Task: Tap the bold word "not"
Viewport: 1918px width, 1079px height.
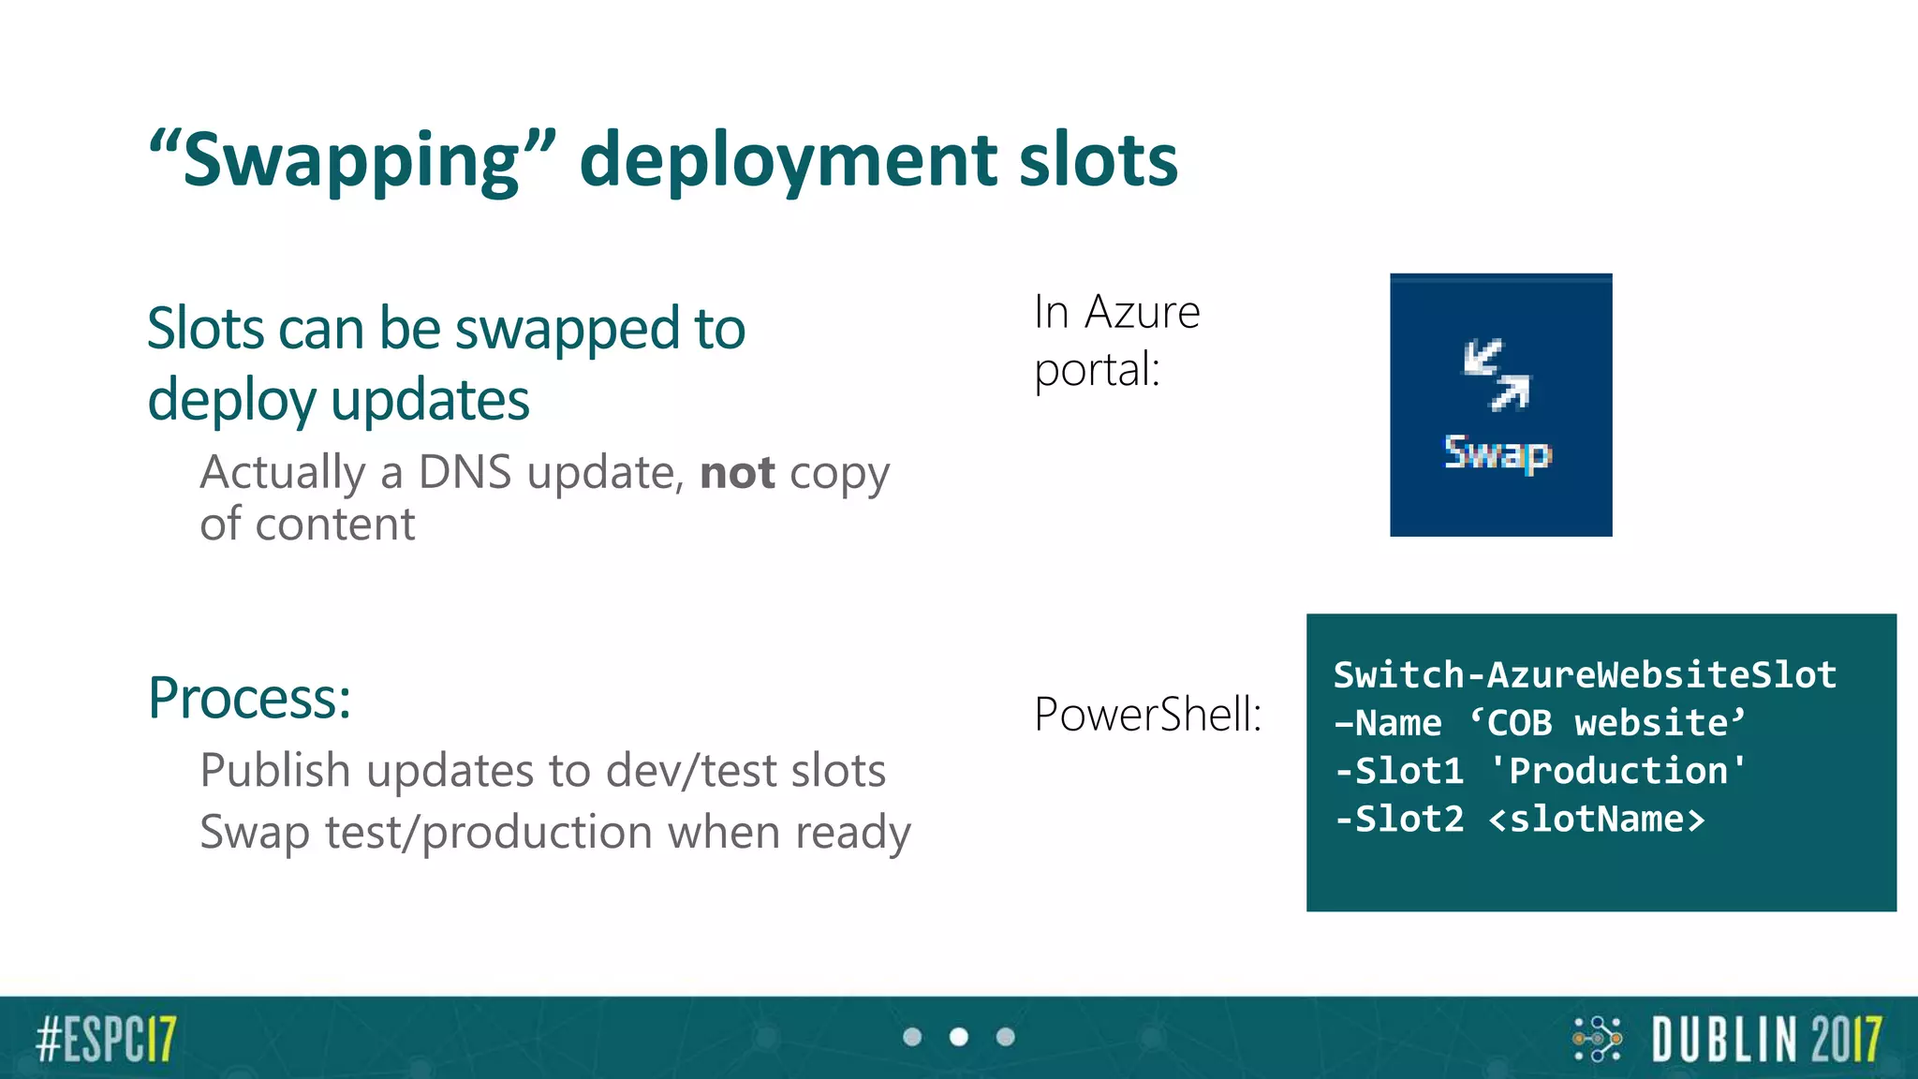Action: click(737, 473)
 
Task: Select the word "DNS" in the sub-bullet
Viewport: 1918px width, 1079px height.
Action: click(465, 473)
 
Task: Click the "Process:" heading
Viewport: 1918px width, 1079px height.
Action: click(250, 699)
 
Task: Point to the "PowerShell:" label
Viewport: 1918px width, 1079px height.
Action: click(1148, 715)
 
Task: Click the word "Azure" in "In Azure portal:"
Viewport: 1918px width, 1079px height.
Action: click(1142, 312)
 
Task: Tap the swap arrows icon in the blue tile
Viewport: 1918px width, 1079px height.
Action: click(1497, 375)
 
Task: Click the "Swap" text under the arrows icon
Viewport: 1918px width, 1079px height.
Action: click(1498, 453)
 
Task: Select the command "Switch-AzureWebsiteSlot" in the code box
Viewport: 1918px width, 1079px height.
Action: click(1585, 675)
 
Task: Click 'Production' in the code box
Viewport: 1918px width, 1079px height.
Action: click(1617, 771)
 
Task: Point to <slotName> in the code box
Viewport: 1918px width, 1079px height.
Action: click(1597, 820)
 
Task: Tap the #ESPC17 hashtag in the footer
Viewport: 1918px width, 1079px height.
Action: click(106, 1039)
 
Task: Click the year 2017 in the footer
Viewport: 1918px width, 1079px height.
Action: click(1845, 1039)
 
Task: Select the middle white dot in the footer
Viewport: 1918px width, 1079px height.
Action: click(959, 1037)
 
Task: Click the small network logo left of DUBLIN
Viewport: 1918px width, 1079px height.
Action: click(1597, 1039)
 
